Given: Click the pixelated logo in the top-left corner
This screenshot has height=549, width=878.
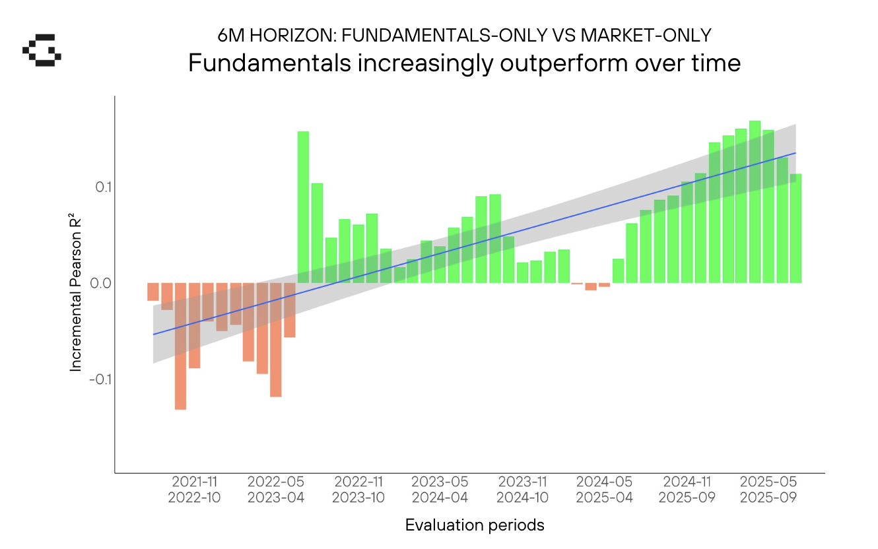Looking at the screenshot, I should [42, 50].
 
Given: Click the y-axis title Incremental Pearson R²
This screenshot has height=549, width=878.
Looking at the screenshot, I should [76, 286].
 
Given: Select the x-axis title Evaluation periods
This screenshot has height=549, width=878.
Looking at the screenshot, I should [475, 525].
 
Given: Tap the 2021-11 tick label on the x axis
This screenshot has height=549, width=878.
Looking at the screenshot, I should [194, 482].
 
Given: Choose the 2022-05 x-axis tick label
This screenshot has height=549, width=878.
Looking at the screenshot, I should [276, 482].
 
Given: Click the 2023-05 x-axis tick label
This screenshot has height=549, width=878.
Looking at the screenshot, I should [440, 482].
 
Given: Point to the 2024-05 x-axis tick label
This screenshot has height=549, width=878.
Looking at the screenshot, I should [604, 482].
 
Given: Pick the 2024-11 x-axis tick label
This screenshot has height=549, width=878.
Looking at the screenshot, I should [687, 482].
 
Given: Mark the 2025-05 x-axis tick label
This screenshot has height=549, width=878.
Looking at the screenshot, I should [768, 482].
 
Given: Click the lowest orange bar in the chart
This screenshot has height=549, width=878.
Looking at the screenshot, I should [180, 346].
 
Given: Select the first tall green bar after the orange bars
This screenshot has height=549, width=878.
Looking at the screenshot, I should [303, 207].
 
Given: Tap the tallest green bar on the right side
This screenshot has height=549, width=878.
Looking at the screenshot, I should [755, 202].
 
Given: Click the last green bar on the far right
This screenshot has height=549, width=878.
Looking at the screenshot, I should [795, 228].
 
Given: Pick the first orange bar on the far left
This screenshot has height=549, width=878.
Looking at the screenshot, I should [153, 292].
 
